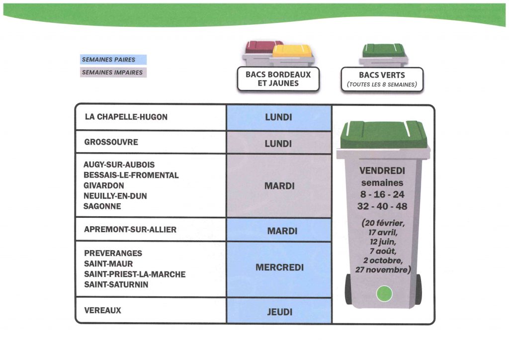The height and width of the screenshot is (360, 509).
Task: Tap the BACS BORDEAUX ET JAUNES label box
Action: tap(278, 79)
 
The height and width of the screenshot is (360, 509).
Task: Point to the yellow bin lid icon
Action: tap(292, 50)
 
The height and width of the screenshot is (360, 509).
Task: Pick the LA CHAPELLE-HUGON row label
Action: tap(126, 117)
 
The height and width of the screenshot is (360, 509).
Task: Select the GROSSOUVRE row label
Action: tap(111, 142)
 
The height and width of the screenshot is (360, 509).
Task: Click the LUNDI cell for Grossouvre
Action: tap(278, 144)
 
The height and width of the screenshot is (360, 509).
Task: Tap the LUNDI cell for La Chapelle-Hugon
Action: tap(278, 118)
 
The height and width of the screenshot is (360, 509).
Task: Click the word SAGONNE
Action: tap(102, 206)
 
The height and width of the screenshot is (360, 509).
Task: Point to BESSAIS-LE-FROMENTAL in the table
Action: tap(131, 175)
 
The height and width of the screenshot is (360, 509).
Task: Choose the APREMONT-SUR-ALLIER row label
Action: tap(130, 230)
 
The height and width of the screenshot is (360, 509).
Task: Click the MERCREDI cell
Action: tap(279, 268)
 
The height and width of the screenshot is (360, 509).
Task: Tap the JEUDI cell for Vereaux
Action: tap(279, 312)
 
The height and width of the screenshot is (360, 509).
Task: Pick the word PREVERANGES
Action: tap(113, 253)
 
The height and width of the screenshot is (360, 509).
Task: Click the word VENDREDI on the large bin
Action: tap(382, 171)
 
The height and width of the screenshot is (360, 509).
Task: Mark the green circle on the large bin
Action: tap(384, 294)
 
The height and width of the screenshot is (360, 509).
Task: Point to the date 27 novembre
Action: tap(383, 270)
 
